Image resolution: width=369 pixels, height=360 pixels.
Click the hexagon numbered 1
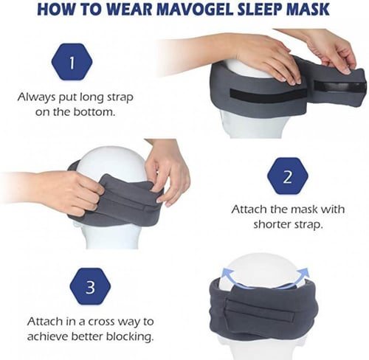tap(72, 62)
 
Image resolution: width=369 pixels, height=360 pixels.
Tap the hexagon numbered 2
tap(288, 176)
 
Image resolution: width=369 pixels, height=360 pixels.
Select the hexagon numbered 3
tap(90, 286)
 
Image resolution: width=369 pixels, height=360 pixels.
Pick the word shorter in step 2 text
tap(269, 224)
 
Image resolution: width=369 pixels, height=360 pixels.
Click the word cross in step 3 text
tap(103, 322)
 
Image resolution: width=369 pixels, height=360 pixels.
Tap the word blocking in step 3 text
tap(130, 336)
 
